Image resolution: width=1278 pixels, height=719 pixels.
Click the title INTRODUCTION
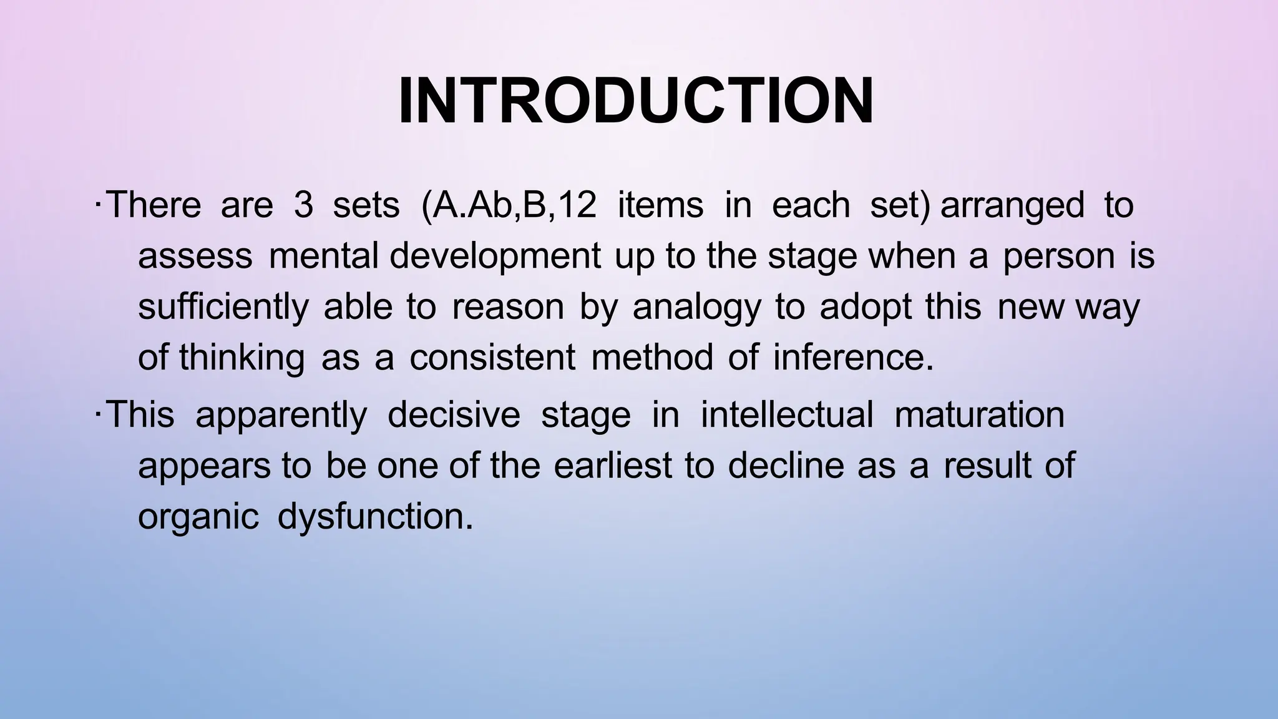[x=636, y=102]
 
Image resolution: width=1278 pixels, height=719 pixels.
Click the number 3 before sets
[x=303, y=205]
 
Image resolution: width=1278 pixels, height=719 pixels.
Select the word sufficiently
[x=223, y=308]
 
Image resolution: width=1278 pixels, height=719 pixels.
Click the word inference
[x=853, y=358]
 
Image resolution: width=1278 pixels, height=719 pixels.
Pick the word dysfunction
[x=374, y=517]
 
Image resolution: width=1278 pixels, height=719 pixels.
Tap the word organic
[x=198, y=517]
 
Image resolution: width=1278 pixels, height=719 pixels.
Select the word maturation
[x=979, y=415]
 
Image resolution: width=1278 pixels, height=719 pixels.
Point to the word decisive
[x=454, y=415]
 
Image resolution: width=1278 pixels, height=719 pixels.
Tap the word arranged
[x=1012, y=205]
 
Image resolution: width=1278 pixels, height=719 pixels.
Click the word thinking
[x=241, y=359]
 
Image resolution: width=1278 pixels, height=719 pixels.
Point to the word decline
[x=786, y=466]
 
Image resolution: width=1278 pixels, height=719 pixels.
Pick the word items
[x=660, y=205]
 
